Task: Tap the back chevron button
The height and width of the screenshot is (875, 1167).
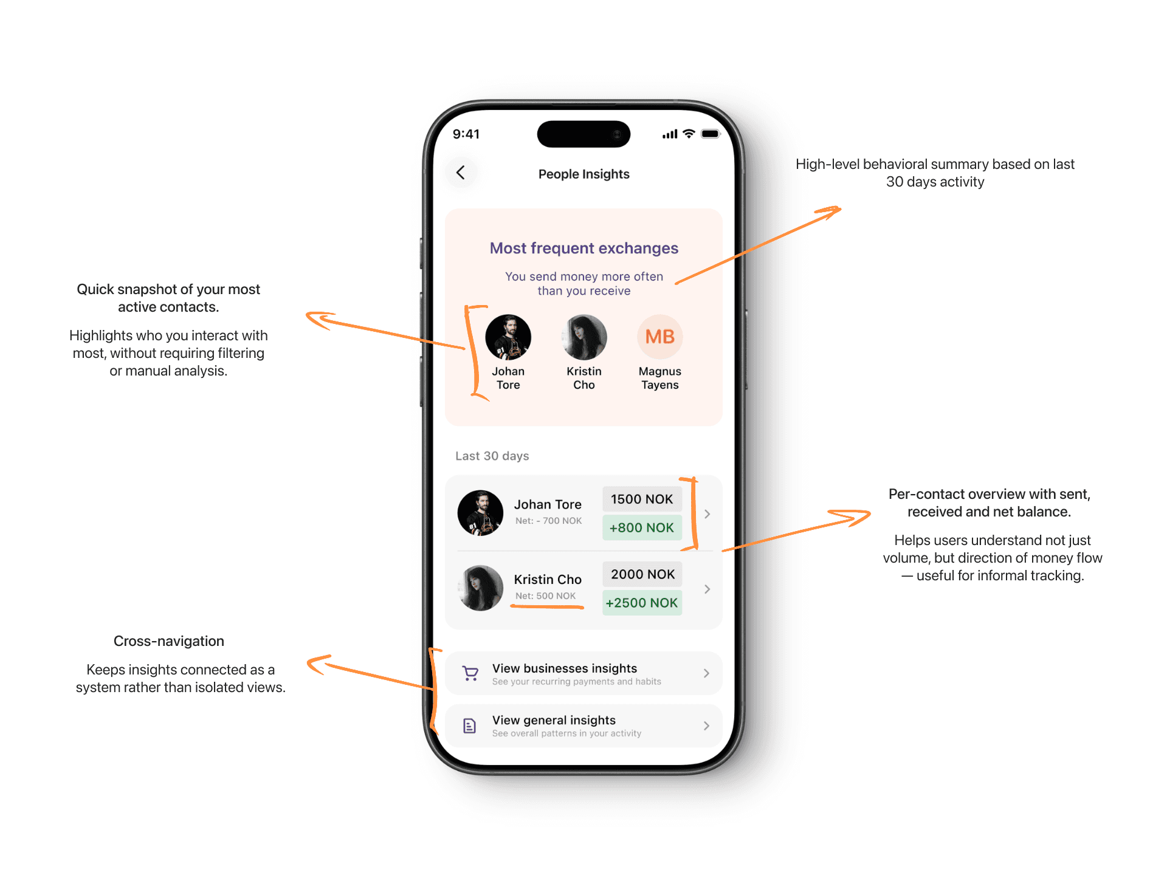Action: [461, 173]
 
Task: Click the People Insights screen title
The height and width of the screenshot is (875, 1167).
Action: [583, 174]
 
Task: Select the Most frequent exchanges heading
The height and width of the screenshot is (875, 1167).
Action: [583, 249]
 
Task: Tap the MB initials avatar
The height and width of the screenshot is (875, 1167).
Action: [659, 337]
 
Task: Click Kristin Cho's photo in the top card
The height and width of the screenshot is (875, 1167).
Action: [583, 337]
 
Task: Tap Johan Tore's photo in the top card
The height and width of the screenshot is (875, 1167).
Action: [508, 337]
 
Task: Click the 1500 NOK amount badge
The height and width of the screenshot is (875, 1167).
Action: [642, 499]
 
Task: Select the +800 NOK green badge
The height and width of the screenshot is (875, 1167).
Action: [642, 527]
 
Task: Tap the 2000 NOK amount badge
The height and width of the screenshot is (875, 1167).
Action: [642, 574]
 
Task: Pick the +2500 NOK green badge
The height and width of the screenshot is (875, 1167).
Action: [642, 603]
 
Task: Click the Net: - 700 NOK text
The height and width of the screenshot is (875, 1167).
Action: [548, 521]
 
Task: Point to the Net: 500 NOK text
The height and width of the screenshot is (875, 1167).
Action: [545, 596]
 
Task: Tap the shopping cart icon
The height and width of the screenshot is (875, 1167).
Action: [470, 673]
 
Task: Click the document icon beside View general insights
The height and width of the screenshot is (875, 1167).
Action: [469, 726]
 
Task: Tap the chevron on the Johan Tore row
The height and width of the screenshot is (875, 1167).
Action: [707, 514]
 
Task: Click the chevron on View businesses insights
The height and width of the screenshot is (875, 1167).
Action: [706, 673]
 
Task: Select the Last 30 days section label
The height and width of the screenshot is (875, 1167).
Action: [492, 456]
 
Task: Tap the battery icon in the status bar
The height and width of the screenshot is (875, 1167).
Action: [711, 134]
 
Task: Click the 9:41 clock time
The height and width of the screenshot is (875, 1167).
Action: [466, 134]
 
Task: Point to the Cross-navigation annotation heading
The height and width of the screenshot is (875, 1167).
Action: [169, 641]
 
